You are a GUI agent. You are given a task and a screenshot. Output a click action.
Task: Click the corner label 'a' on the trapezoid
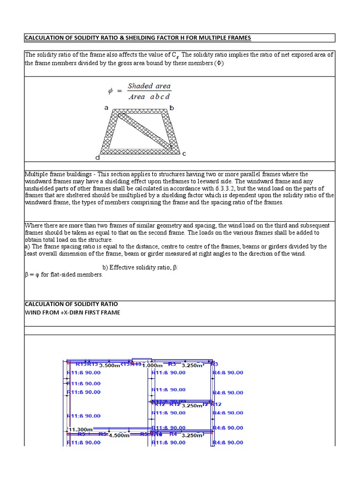(x=106, y=107)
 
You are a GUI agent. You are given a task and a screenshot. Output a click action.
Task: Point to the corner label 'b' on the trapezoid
(x=172, y=108)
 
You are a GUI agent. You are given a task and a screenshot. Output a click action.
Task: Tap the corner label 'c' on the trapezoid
(x=184, y=154)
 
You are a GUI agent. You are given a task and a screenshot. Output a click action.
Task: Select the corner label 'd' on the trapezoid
(x=97, y=157)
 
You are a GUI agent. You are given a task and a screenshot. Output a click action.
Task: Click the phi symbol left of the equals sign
(x=111, y=91)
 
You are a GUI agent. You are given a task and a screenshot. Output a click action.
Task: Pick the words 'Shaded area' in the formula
(x=149, y=86)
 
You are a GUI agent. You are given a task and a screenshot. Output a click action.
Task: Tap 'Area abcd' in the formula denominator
(x=149, y=97)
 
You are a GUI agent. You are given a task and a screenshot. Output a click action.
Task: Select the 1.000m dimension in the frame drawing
(x=153, y=365)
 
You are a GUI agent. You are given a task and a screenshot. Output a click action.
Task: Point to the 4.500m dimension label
(x=119, y=435)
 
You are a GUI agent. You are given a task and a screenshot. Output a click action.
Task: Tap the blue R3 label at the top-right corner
(x=215, y=364)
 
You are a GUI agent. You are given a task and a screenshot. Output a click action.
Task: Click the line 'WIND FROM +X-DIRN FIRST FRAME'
(x=72, y=313)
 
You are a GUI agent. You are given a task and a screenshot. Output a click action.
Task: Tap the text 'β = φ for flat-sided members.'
(x=63, y=275)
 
